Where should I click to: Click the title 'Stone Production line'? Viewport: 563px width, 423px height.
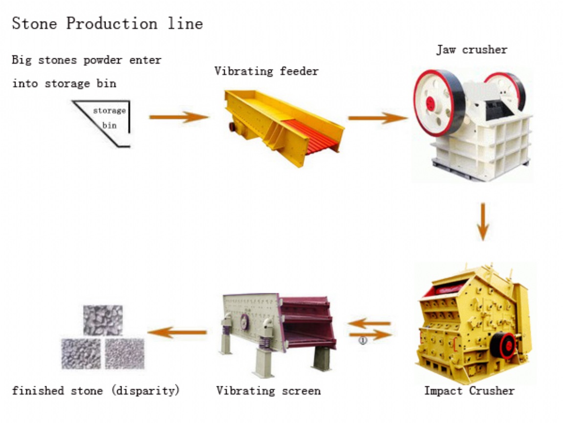(107, 23)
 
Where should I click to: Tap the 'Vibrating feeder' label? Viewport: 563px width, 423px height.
(266, 71)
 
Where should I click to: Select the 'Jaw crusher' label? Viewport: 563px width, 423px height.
(472, 49)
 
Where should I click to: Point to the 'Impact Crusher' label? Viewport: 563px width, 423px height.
(469, 391)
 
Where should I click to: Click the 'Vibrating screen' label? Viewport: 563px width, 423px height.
(268, 391)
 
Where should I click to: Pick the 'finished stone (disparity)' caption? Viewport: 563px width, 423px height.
(96, 391)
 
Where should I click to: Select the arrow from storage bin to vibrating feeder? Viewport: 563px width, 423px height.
(179, 117)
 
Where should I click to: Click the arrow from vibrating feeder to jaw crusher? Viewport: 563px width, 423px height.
(377, 117)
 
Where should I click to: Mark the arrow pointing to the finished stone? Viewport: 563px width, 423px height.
(177, 332)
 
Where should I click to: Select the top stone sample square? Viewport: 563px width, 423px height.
(103, 320)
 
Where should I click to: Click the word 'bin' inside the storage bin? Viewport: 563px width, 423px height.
(109, 125)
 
